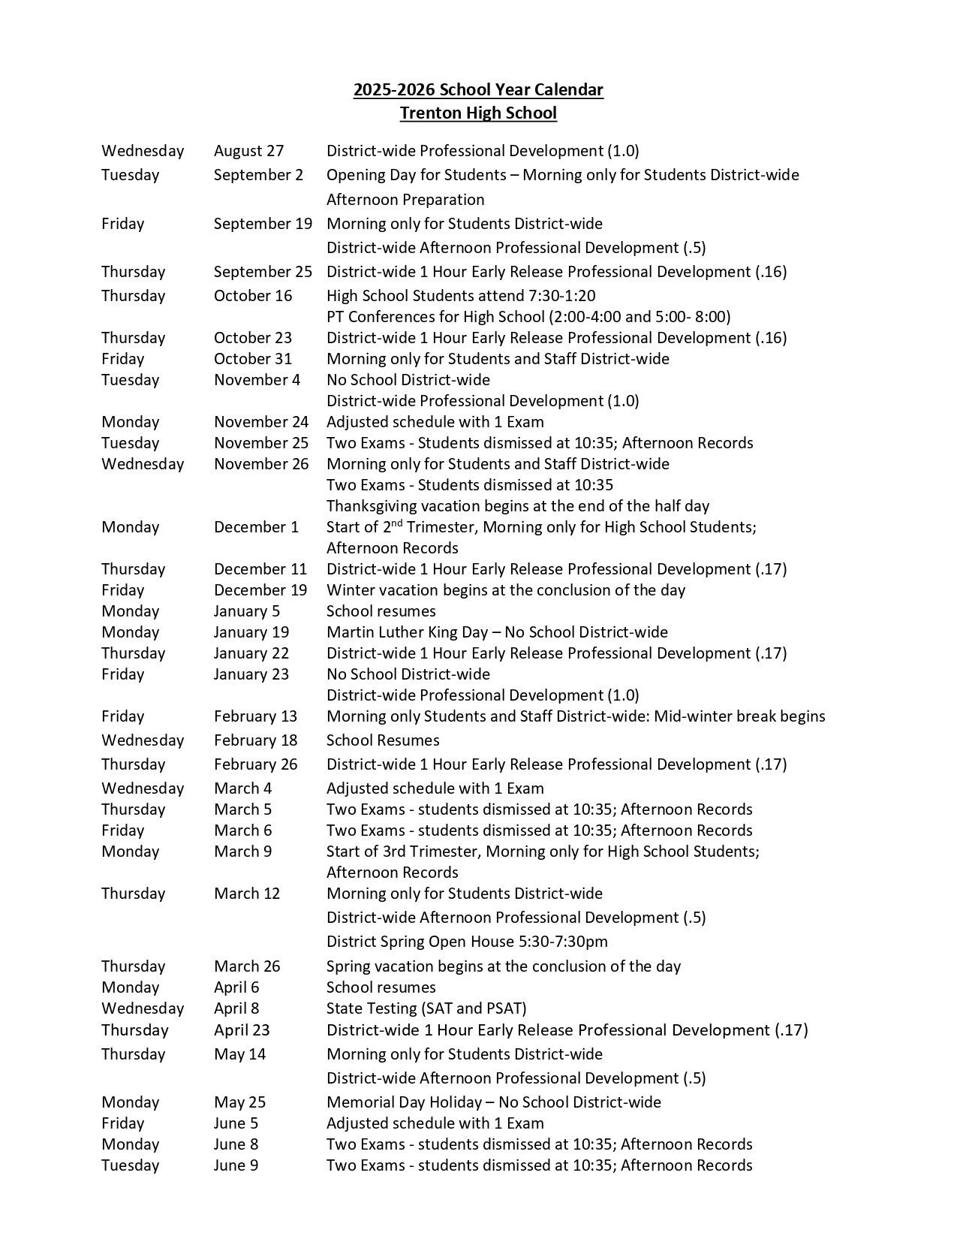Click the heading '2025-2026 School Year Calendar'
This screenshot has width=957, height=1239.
click(x=478, y=90)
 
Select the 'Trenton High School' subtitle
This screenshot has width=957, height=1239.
click(x=478, y=113)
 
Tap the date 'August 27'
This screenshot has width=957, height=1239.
click(x=248, y=151)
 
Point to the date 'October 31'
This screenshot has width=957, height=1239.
click(x=253, y=359)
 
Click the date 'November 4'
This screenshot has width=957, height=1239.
click(x=257, y=380)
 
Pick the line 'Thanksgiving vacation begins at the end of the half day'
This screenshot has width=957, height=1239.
click(x=518, y=506)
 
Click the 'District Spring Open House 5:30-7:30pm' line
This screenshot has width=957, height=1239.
click(x=467, y=942)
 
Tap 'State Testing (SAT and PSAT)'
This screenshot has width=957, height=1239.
click(x=426, y=1008)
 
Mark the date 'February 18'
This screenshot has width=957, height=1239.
click(x=255, y=740)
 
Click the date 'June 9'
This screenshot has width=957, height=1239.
click(x=236, y=1165)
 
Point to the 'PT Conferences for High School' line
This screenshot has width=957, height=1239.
click(x=528, y=317)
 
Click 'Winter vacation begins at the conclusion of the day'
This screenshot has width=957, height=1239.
click(x=506, y=590)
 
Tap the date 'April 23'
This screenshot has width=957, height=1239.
click(x=242, y=1030)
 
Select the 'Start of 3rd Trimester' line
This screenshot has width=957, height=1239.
click(x=543, y=852)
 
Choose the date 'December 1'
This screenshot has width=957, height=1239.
click(x=256, y=527)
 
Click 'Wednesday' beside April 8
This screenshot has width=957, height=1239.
click(x=143, y=1008)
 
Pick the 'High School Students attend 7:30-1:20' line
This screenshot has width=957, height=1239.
click(x=461, y=296)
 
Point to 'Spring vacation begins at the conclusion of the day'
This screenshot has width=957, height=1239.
click(x=504, y=966)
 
